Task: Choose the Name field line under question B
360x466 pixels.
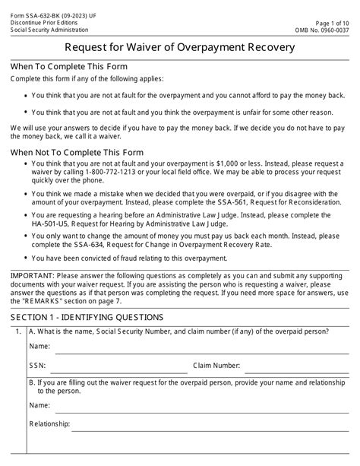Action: click(x=197, y=411)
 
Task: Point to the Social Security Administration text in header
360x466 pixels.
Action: click(x=45, y=21)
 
